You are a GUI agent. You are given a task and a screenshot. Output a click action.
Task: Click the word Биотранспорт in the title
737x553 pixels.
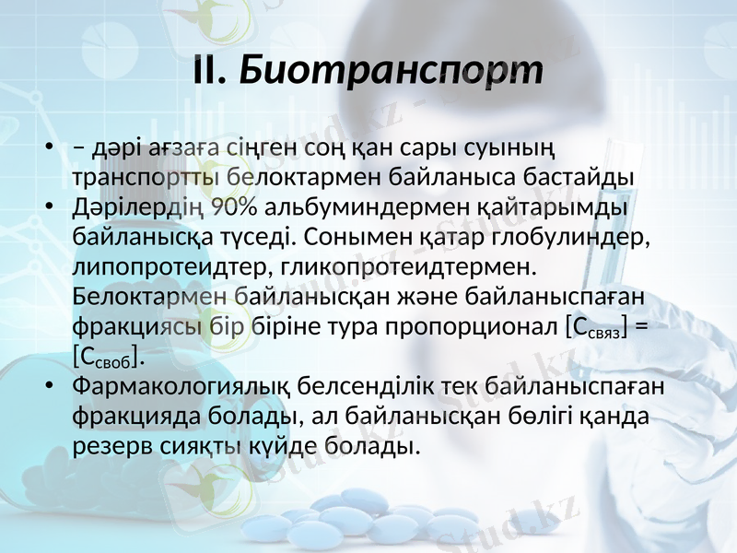(x=391, y=70)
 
